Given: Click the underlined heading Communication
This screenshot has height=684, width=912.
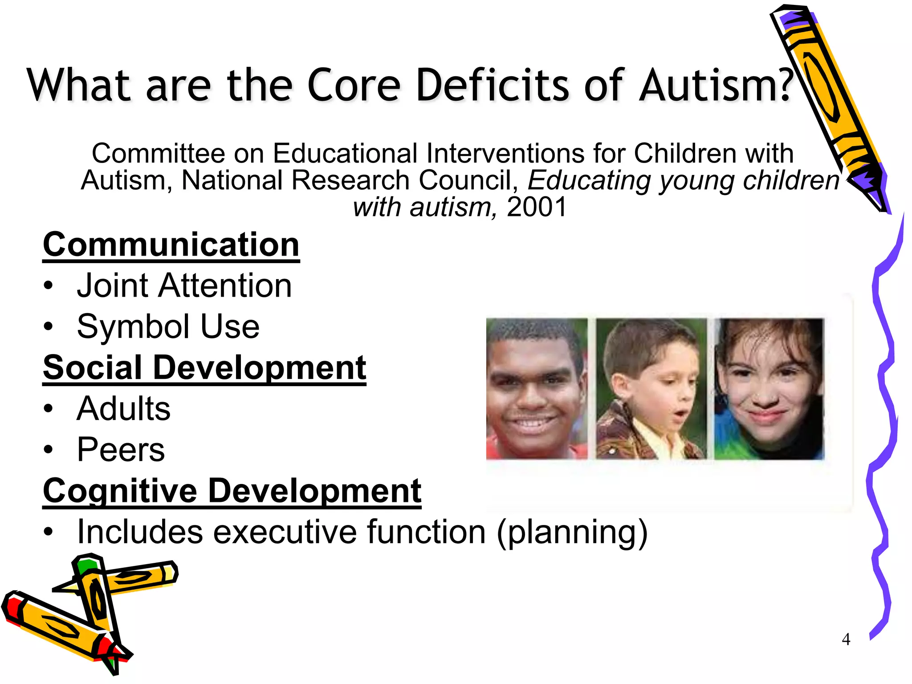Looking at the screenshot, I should click(171, 245).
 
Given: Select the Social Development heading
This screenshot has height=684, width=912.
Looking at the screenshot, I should click(204, 368).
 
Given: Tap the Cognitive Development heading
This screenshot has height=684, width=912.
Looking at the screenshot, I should click(232, 491).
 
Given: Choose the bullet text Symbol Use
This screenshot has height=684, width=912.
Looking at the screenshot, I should click(168, 326).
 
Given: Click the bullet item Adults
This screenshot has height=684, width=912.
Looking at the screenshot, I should click(123, 408).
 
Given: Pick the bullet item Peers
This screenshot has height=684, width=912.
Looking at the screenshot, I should click(121, 449).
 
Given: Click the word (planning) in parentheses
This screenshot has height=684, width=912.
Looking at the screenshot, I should click(572, 533).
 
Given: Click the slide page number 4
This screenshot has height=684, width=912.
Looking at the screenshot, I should click(846, 639).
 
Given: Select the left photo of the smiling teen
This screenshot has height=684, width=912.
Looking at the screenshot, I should click(536, 388).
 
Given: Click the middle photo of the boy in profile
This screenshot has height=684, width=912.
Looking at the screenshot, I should click(651, 388).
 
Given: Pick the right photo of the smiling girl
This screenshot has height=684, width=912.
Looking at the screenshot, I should click(769, 388).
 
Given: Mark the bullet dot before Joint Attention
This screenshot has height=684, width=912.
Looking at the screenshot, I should click(48, 285).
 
